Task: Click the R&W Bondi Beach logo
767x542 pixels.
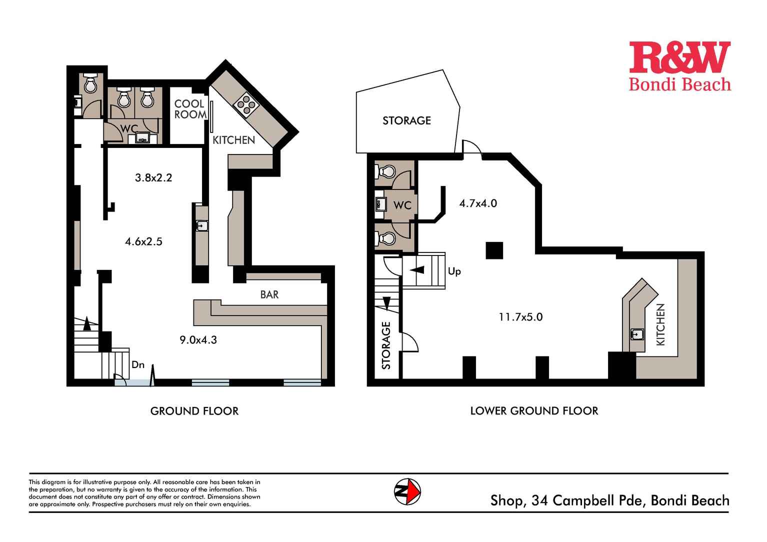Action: point(679,66)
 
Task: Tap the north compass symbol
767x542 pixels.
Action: point(407,491)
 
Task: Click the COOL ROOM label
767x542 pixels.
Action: point(189,109)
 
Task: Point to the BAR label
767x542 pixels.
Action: point(269,294)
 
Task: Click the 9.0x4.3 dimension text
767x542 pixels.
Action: point(198,340)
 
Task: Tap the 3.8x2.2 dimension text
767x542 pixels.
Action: point(153,177)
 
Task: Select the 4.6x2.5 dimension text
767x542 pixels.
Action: point(143,241)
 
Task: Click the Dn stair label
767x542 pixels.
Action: point(138,365)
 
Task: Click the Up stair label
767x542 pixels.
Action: point(454,271)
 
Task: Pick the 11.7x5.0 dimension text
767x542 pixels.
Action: point(520,316)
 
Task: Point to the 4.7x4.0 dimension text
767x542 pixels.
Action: point(478,203)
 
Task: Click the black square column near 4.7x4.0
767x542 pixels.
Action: point(494,250)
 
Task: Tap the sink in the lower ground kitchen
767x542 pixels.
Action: point(637,334)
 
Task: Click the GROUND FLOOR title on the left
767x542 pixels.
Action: point(194,411)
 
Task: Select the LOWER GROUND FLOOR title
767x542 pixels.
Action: point(534,411)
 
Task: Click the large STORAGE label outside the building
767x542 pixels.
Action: point(406,120)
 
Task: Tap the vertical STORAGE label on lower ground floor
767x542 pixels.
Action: point(386,345)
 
